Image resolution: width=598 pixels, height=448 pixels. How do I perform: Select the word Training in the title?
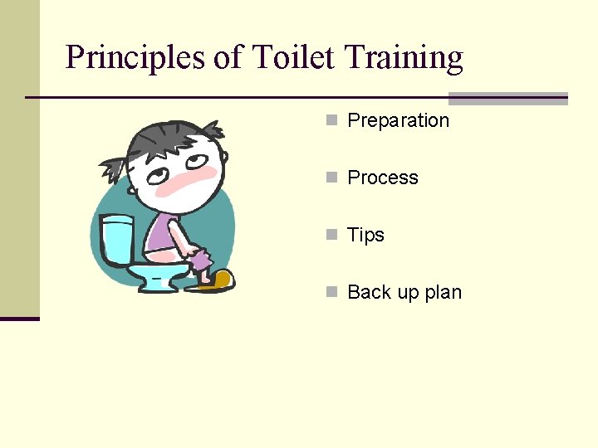point(403,58)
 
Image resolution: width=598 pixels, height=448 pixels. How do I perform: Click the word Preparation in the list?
point(398,120)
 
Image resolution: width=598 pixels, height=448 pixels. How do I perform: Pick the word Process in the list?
point(382,178)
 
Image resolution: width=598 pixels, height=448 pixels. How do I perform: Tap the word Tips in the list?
point(365,235)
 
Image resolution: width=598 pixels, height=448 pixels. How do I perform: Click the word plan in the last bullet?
point(443,292)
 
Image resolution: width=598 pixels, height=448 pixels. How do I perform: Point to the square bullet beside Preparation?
point(331,120)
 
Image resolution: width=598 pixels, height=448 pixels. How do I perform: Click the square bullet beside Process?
point(331,178)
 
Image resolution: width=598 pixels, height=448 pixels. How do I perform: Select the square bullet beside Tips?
point(331,235)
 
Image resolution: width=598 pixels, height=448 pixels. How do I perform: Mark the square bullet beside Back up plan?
point(331,292)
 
